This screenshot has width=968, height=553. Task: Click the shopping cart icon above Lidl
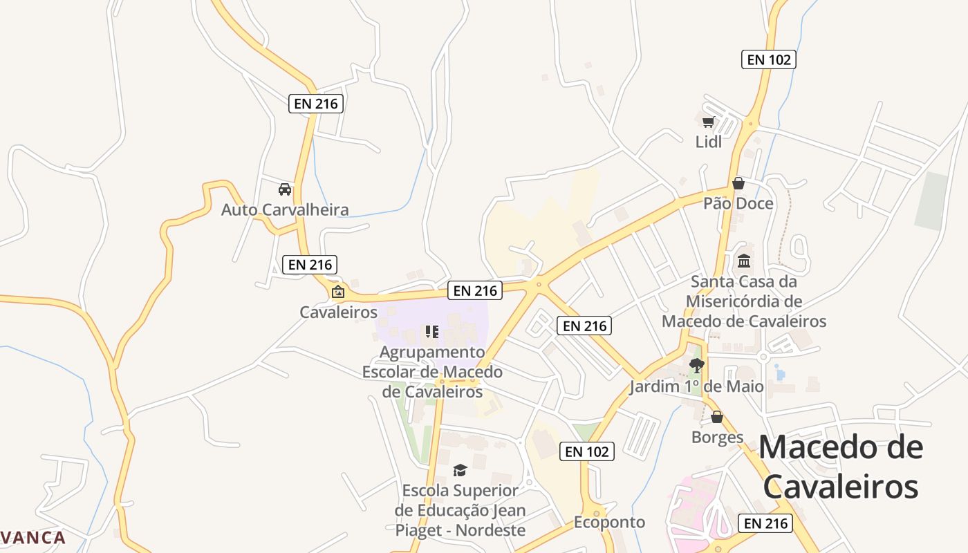pyautogui.click(x=708, y=122)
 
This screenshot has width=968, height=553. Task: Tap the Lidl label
pyautogui.click(x=709, y=142)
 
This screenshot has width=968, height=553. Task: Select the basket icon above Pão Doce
pyautogui.click(x=738, y=183)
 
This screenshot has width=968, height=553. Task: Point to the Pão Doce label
pyautogui.click(x=738, y=203)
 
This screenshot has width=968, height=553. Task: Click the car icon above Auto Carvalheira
pyautogui.click(x=284, y=189)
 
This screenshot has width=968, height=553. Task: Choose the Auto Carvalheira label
pyautogui.click(x=285, y=209)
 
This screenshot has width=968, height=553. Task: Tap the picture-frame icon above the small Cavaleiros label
pyautogui.click(x=338, y=292)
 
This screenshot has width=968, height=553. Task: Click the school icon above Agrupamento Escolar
pyautogui.click(x=432, y=332)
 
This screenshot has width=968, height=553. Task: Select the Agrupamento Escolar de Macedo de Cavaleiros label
pyautogui.click(x=432, y=372)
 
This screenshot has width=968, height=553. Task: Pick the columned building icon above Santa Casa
pyautogui.click(x=744, y=261)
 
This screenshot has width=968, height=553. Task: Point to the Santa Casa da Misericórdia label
pyautogui.click(x=744, y=301)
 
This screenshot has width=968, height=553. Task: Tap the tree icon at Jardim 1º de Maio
pyautogui.click(x=697, y=366)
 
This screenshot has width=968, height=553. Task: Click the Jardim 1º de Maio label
pyautogui.click(x=697, y=386)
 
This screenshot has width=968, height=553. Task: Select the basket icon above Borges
pyautogui.click(x=717, y=418)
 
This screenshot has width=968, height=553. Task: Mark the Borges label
pyautogui.click(x=718, y=437)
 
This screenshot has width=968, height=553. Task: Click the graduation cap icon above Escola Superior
pyautogui.click(x=460, y=471)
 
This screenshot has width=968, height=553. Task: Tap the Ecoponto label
pyautogui.click(x=609, y=522)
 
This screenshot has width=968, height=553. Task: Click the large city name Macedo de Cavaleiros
pyautogui.click(x=841, y=467)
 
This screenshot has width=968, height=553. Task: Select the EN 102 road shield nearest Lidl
pyautogui.click(x=769, y=59)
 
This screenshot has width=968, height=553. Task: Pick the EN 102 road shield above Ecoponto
pyautogui.click(x=587, y=451)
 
